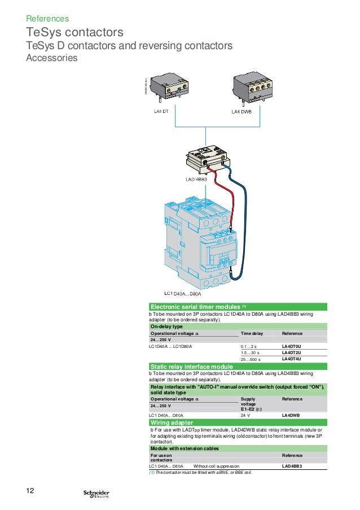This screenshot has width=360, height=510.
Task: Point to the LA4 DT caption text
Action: click(161, 111)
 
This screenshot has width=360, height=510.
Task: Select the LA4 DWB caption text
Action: click(243, 111)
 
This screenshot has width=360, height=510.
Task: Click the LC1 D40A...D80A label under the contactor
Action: click(182, 294)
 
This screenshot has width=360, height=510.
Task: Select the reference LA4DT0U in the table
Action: click(292, 346)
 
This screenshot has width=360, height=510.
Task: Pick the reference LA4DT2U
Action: click(292, 352)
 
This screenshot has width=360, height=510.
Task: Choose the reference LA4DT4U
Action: click(292, 359)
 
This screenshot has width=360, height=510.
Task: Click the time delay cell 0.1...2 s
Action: click(248, 346)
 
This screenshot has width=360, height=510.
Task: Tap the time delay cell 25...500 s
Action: click(251, 359)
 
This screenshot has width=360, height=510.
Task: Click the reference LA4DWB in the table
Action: click(291, 416)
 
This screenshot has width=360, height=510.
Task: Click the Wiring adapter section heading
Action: click(172, 422)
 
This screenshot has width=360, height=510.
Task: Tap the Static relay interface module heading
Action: click(191, 367)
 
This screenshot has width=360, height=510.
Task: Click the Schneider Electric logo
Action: click(96, 494)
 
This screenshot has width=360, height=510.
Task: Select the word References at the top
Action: click(47, 19)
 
